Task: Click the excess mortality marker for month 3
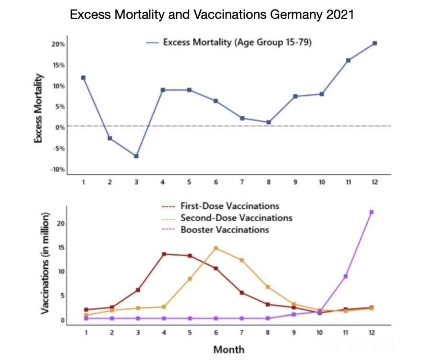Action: click(136, 156)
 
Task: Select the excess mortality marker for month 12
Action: click(374, 43)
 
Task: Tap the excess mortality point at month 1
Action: click(83, 78)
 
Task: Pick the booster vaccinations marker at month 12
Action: click(372, 212)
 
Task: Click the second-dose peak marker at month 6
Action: click(216, 248)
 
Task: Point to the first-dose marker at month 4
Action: click(164, 254)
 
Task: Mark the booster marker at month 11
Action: click(345, 276)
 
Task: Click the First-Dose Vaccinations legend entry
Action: click(229, 206)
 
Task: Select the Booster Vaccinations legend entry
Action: click(225, 229)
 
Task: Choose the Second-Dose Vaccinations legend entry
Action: click(236, 218)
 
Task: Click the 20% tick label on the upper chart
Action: click(58, 44)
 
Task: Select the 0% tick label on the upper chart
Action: click(60, 127)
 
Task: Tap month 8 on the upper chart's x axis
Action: click(269, 183)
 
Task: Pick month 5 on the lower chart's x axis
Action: click(190, 332)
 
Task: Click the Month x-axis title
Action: click(228, 349)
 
